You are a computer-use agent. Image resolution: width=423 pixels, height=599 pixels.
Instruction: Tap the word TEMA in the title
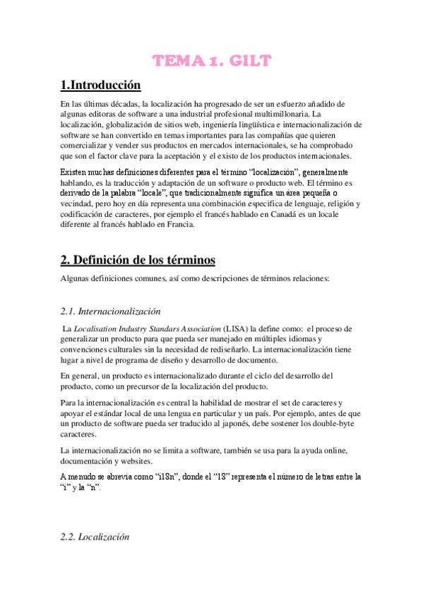point(179,61)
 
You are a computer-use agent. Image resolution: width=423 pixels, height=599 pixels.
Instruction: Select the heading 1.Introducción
point(101,85)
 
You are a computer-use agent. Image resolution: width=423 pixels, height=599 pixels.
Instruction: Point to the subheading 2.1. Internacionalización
point(111,311)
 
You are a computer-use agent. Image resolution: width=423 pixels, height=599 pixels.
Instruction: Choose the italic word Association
point(193,329)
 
